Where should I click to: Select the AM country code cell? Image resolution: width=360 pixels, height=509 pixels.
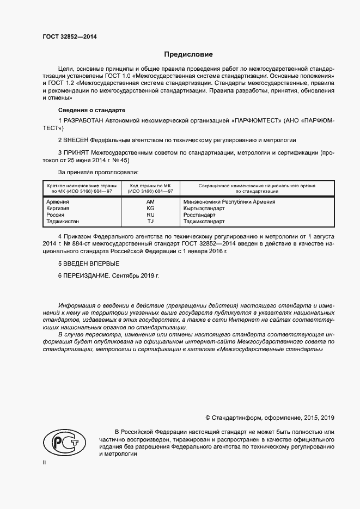click(150, 202)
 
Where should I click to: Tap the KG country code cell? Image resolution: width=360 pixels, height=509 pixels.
click(150, 208)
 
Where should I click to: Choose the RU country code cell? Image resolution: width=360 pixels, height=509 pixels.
click(150, 215)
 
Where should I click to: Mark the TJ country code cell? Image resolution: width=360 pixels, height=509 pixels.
click(150, 222)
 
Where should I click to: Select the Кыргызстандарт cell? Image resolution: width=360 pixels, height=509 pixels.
click(208, 208)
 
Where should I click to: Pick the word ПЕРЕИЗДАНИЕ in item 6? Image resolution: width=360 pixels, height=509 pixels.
click(87, 276)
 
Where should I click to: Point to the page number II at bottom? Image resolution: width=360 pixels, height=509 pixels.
click(44, 462)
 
